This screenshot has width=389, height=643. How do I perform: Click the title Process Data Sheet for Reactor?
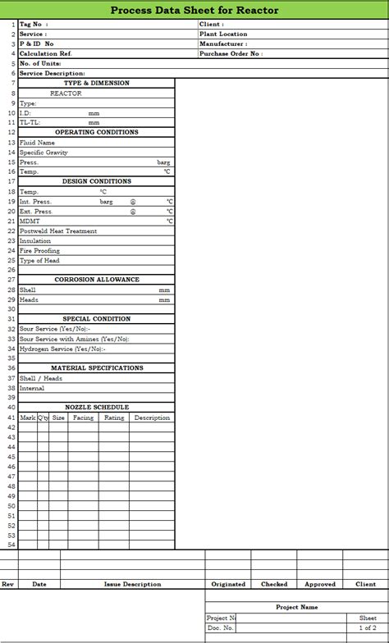(194, 10)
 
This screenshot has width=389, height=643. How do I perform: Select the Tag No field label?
(34, 25)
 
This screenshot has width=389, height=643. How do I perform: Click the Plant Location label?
(222, 34)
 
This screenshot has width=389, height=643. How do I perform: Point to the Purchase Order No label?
(231, 54)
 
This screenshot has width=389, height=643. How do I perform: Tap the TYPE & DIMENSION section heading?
(96, 84)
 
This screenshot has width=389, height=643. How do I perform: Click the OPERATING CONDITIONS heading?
(96, 133)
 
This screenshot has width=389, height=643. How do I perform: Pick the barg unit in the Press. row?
(164, 162)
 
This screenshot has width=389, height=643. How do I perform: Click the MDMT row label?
(29, 221)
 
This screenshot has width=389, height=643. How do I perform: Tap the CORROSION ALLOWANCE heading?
(97, 280)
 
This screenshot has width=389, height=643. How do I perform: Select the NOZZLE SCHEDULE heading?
(97, 408)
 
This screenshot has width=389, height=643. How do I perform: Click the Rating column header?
(114, 417)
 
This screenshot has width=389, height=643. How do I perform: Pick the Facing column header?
(83, 417)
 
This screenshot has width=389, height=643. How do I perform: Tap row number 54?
(11, 545)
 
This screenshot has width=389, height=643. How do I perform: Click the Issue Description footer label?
(132, 585)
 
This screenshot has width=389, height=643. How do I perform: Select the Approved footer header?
(320, 585)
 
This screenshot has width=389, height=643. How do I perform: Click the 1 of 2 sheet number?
(368, 628)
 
